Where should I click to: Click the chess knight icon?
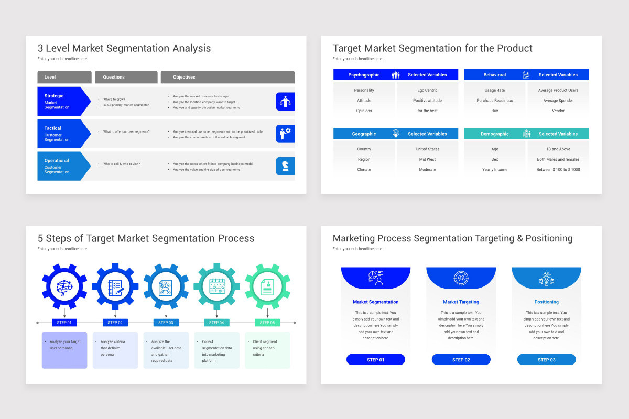tap(285, 166)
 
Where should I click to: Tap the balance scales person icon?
tap(285, 101)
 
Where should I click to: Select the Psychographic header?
tap(364, 75)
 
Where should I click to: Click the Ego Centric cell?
tap(427, 90)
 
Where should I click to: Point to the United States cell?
tap(427, 149)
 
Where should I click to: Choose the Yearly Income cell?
tap(495, 170)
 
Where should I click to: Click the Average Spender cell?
tap(558, 101)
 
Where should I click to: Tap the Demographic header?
tap(494, 134)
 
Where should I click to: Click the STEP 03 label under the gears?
tap(166, 323)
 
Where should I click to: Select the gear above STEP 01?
tap(64, 286)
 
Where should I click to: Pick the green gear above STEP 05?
tap(267, 286)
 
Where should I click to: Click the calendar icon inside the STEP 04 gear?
tap(216, 286)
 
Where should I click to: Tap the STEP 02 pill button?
tap(461, 360)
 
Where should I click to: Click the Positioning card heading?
tap(546, 302)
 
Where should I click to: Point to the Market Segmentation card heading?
tap(375, 302)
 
